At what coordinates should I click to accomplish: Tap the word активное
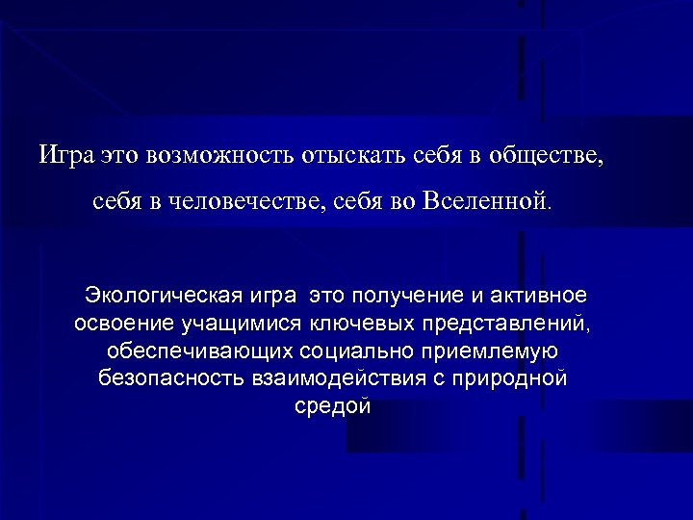tap(542, 293)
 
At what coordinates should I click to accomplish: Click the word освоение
tap(122, 321)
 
